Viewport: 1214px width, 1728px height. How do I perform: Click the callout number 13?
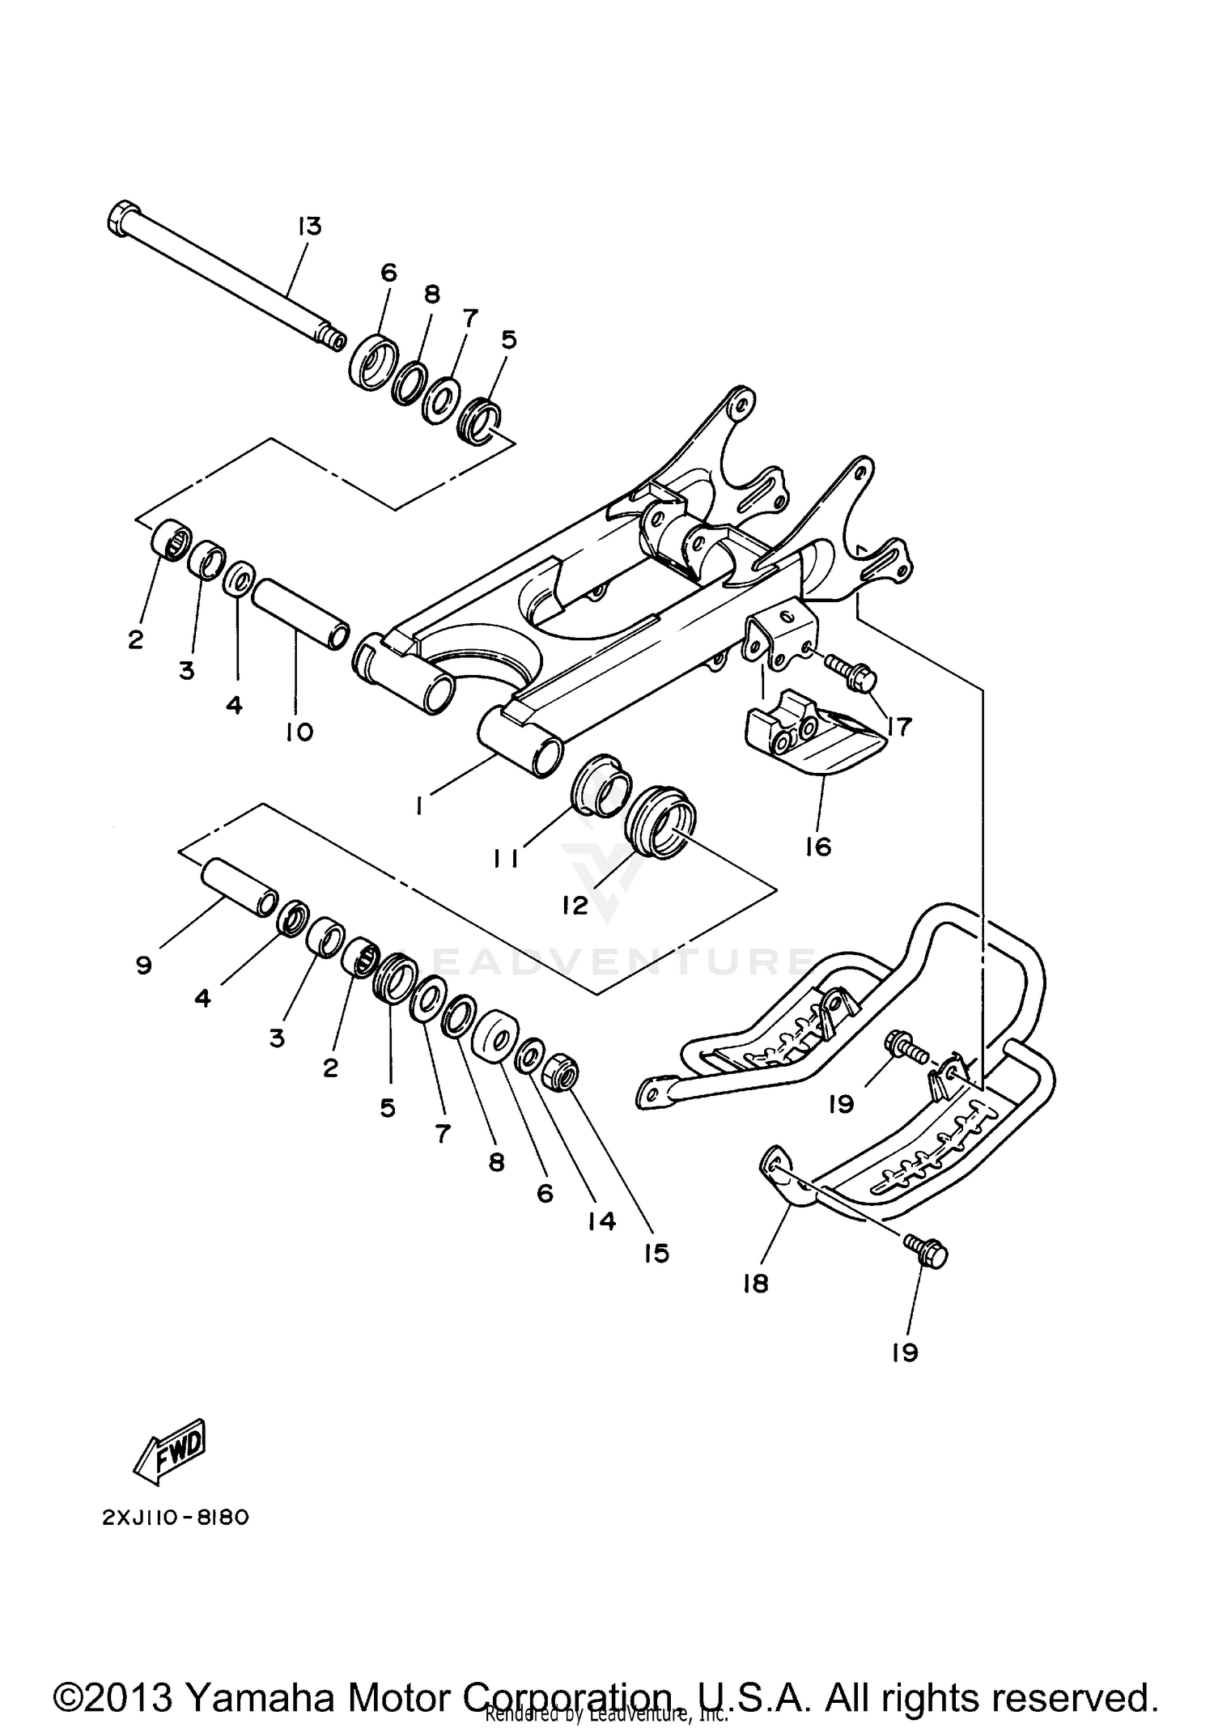[x=308, y=227]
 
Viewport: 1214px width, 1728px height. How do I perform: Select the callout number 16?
[x=817, y=847]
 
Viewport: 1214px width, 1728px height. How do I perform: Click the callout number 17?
[x=898, y=726]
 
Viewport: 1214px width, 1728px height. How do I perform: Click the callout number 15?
[x=656, y=1253]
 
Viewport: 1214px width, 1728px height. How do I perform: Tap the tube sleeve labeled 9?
[x=240, y=889]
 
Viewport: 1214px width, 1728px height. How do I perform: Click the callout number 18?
[x=754, y=1284]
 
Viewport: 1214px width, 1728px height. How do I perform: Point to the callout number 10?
[x=299, y=732]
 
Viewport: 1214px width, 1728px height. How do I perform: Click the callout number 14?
[x=601, y=1221]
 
